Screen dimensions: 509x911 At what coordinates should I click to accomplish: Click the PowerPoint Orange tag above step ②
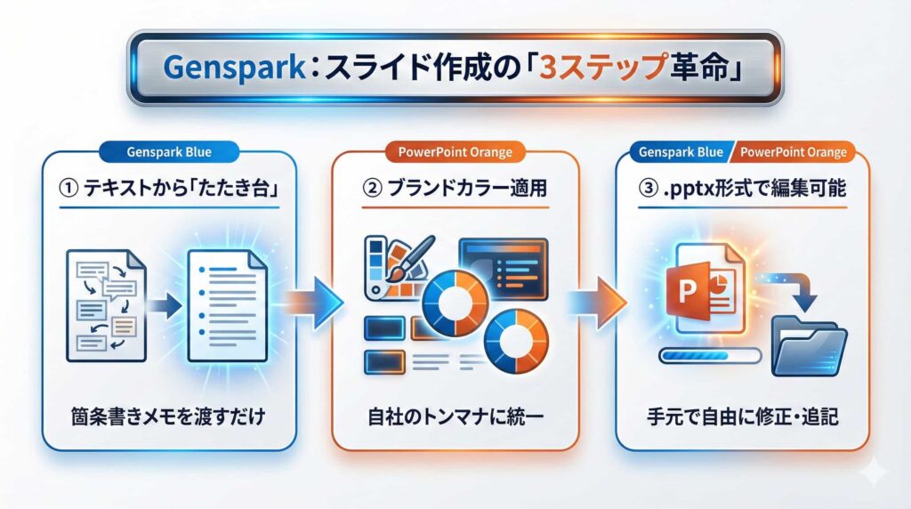pyautogui.click(x=455, y=151)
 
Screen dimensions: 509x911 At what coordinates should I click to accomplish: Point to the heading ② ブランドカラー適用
pyautogui.click(x=455, y=189)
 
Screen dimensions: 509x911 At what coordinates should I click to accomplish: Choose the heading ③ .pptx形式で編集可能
pyautogui.click(x=743, y=189)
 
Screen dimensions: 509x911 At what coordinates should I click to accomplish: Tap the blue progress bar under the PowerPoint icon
pyautogui.click(x=709, y=356)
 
